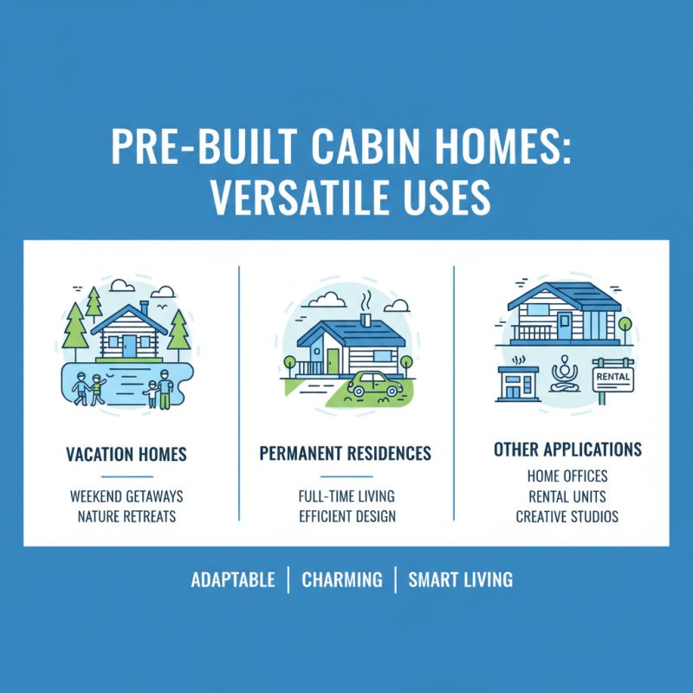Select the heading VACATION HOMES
(x=126, y=455)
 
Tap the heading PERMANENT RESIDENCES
(x=346, y=455)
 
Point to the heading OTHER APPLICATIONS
(x=567, y=450)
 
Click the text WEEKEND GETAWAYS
(x=126, y=497)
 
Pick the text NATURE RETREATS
(x=126, y=517)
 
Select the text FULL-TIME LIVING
(x=346, y=497)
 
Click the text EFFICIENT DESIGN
(x=346, y=517)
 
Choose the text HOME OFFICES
(x=567, y=476)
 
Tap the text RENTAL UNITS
(x=567, y=497)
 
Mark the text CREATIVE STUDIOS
(x=567, y=517)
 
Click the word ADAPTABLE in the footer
(x=233, y=580)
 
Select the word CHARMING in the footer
(x=341, y=580)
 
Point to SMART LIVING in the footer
(x=460, y=580)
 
